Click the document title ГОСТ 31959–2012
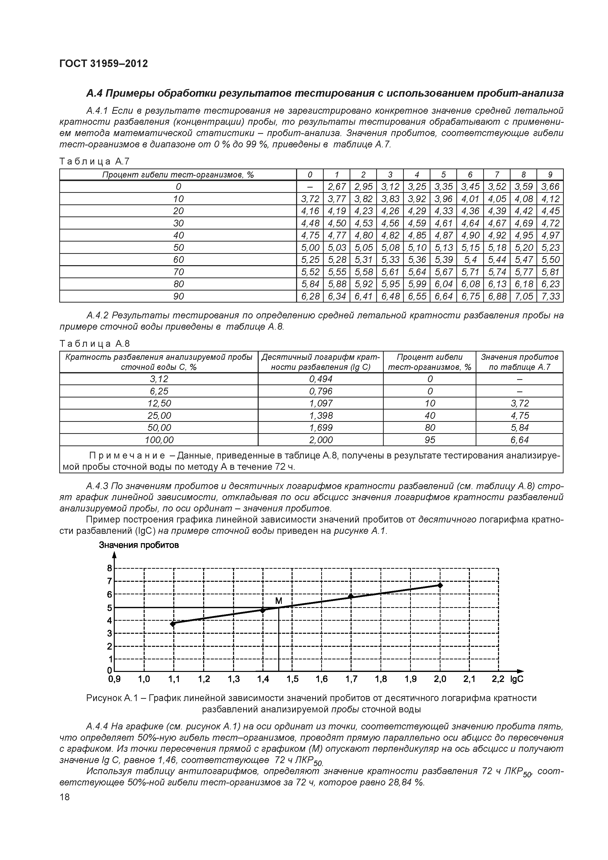pos(103,64)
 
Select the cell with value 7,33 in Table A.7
pos(550,296)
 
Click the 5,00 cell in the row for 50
pos(310,248)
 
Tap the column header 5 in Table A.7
pos(443,175)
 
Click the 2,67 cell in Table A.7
pos(337,187)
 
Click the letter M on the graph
pos(278,601)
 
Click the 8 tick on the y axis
pos(110,568)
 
